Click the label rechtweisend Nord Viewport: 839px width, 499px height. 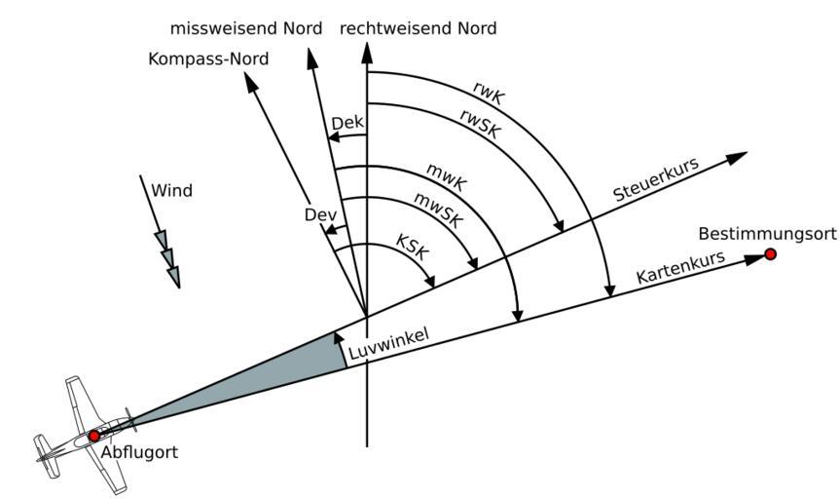coord(418,29)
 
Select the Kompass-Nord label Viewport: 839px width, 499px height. coord(208,59)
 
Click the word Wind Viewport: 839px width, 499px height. coord(171,191)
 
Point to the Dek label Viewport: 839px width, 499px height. coord(347,123)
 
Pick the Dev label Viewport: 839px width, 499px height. coord(319,214)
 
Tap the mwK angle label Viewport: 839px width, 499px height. coord(447,178)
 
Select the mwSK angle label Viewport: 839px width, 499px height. coord(439,208)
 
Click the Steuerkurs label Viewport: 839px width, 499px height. coord(656,180)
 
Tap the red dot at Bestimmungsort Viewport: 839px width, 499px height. coord(771,254)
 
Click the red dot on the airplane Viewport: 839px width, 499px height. coord(93,436)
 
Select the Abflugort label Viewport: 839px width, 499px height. coord(139,453)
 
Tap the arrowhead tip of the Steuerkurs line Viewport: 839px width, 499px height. coord(748,154)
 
